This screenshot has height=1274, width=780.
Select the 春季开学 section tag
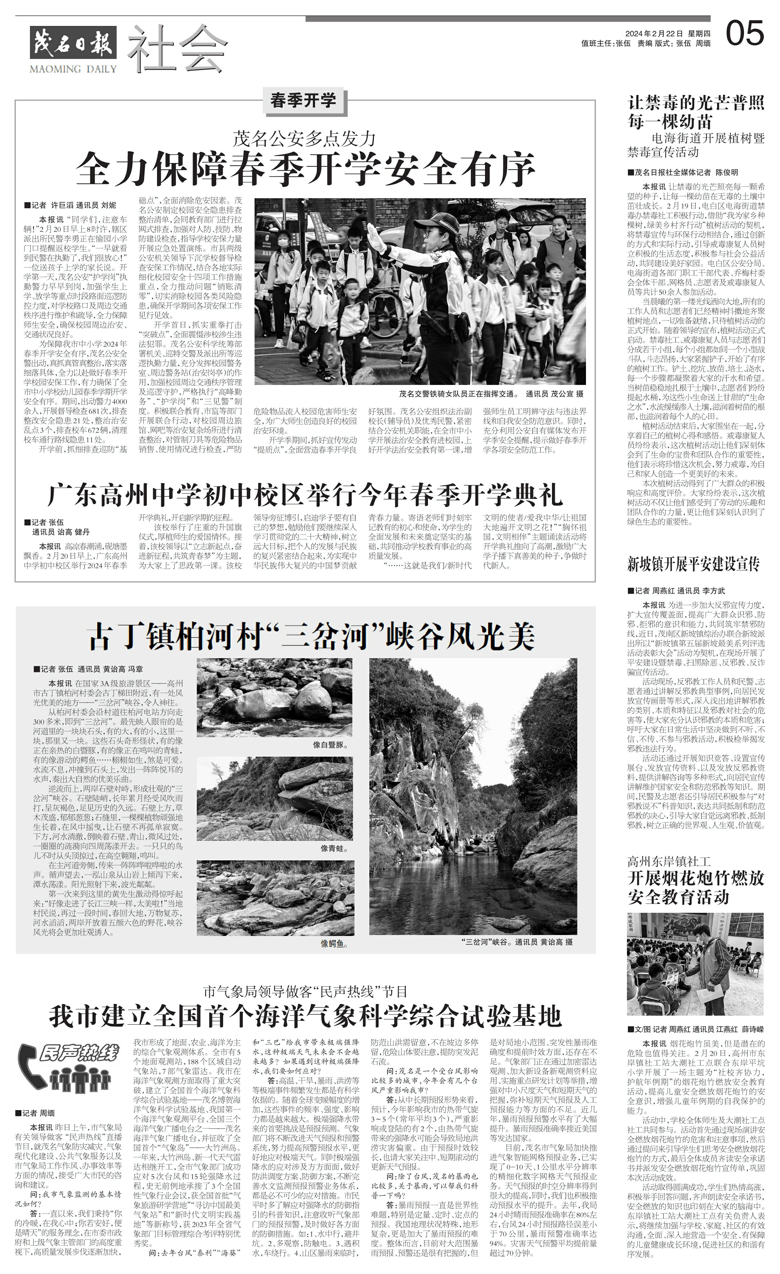(303, 100)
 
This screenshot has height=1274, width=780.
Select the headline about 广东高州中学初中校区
(305, 495)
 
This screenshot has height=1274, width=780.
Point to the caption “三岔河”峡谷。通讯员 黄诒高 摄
(517, 942)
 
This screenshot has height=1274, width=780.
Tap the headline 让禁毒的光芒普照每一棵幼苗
(695, 112)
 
